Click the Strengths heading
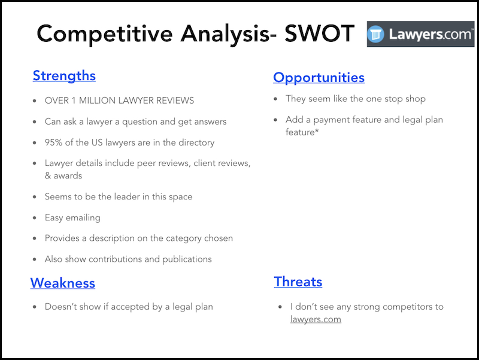coord(64,75)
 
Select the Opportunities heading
coord(319,77)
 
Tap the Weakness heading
coord(62,283)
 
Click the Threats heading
coord(298,282)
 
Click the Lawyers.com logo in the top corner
coord(420,34)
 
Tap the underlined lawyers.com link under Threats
coord(316,319)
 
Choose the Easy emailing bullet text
coord(72,217)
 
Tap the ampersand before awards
coord(48,176)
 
